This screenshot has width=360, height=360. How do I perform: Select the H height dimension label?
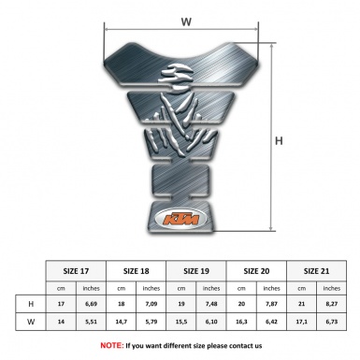pyautogui.click(x=279, y=140)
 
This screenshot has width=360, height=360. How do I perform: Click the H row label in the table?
pyautogui.click(x=32, y=304)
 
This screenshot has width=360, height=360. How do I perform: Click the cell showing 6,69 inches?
pyautogui.click(x=92, y=304)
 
